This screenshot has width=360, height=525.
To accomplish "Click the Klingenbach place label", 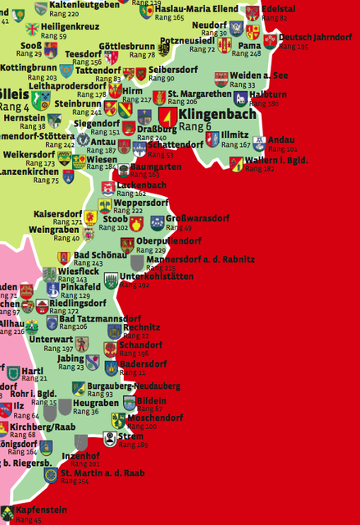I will pyautogui.click(x=217, y=113).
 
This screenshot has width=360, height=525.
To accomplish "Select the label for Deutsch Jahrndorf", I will pyautogui.click(x=315, y=38).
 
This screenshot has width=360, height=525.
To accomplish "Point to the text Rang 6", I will pyautogui.click(x=195, y=126).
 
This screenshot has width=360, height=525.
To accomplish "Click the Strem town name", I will pyautogui.click(x=130, y=436).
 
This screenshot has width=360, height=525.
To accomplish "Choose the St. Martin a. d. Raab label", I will pyautogui.click(x=103, y=472).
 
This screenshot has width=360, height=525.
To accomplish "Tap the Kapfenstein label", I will pyautogui.click(x=41, y=509).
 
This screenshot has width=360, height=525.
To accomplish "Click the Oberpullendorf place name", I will pyautogui.click(x=169, y=241).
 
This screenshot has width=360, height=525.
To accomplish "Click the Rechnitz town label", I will pyautogui.click(x=142, y=327).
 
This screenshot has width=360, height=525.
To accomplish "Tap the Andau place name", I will pyautogui.click(x=281, y=140).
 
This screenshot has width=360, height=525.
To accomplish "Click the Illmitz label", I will pyautogui.click(x=235, y=135).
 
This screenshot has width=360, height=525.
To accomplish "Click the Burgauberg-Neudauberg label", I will pyautogui.click(x=133, y=386).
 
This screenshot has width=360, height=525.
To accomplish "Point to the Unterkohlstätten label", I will pyautogui.click(x=157, y=276).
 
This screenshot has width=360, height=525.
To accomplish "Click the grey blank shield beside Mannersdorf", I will pyautogui.click(x=137, y=262).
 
